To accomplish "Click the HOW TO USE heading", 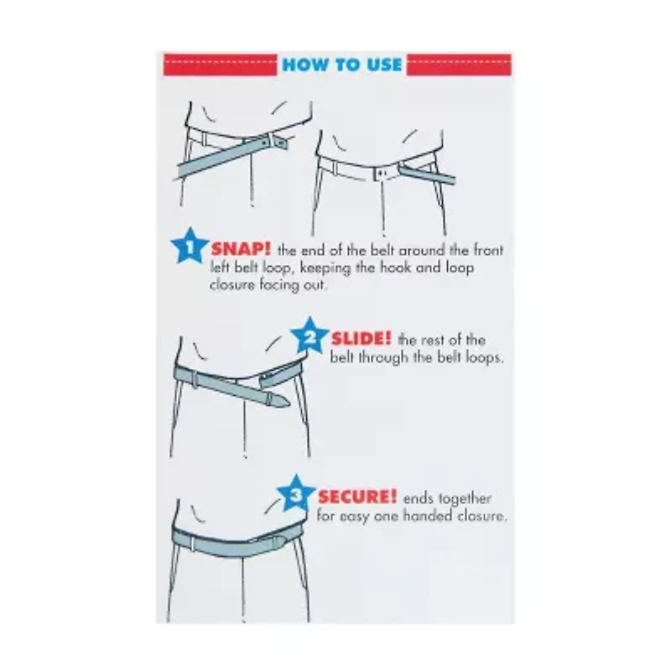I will coord(342,65).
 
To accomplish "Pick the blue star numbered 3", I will coord(295,495).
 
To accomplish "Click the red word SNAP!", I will coord(240,249).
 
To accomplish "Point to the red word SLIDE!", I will coord(362,340).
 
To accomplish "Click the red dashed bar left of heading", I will coord(220,65).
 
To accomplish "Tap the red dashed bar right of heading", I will coord(459,65).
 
